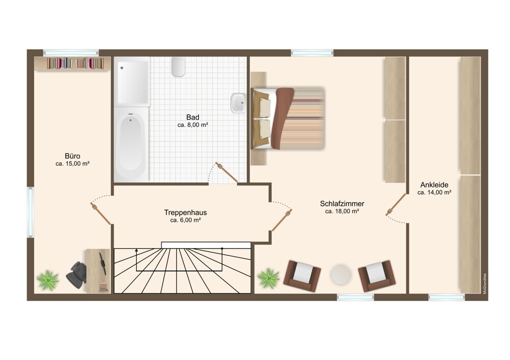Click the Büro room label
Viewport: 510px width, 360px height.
coord(72,156)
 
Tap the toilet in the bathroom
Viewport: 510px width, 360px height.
coord(178,67)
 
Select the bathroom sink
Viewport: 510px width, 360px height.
coord(238,102)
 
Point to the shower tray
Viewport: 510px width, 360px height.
coord(132,82)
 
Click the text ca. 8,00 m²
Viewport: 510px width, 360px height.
coord(193,125)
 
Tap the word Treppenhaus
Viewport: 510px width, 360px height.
coord(186,213)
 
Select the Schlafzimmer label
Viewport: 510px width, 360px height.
coord(342,203)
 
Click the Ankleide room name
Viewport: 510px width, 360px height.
coord(434,185)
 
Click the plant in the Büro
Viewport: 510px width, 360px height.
coord(48,279)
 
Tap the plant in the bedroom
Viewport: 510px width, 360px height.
coord(269,278)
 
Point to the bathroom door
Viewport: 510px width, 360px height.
coord(227,172)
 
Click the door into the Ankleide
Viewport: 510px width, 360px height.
coord(396,204)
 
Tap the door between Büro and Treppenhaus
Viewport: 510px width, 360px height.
coord(101,214)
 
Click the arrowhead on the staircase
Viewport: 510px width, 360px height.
coord(136,250)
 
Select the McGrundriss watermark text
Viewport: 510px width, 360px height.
coord(484,284)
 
